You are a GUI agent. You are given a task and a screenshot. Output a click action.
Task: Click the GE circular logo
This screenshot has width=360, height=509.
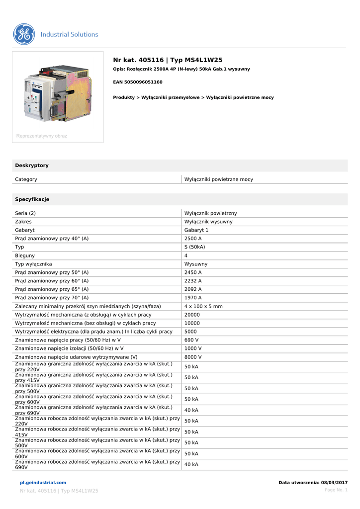click(24, 34)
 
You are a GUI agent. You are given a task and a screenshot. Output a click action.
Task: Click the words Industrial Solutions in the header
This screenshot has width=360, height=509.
click(69, 34)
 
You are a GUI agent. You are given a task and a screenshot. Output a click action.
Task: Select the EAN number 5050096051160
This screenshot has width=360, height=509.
click(138, 82)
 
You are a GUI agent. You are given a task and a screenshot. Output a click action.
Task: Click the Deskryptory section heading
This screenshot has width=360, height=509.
click(32, 165)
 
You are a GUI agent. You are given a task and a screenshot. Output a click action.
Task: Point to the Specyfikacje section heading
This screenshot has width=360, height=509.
click(32, 199)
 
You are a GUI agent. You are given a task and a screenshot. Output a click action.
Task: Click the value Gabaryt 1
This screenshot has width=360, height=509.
click(196, 230)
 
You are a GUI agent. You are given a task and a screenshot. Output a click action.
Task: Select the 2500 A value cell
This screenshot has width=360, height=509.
click(193, 239)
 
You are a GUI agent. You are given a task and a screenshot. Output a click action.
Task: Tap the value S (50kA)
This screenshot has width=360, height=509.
click(195, 247)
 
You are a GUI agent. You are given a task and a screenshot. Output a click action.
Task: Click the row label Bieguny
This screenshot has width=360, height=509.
click(25, 255)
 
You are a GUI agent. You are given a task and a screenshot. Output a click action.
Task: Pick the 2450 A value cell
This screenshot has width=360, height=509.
click(193, 272)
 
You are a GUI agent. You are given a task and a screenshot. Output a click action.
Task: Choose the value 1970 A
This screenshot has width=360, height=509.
click(193, 298)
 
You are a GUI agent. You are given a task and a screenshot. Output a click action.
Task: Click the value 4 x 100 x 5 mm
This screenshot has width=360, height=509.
click(203, 306)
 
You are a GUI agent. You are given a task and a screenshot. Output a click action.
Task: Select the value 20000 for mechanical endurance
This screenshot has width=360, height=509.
click(192, 315)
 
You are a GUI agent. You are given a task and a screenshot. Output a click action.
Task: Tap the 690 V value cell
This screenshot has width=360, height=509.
click(191, 340)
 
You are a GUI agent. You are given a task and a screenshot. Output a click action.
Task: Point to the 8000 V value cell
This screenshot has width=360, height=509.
click(193, 357)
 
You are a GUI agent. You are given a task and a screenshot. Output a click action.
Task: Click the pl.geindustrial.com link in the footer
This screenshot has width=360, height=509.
click(43, 483)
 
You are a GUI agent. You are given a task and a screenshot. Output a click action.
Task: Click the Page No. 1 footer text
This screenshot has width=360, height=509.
click(336, 490)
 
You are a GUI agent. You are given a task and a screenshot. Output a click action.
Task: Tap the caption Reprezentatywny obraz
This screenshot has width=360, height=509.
click(42, 136)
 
